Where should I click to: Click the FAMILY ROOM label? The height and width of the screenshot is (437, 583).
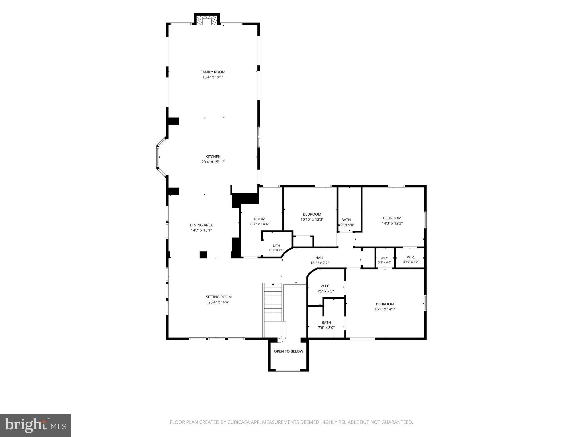point(213,72)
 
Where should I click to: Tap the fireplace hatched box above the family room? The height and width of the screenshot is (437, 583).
point(207,20)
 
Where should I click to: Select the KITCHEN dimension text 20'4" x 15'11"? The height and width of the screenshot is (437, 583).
point(213,162)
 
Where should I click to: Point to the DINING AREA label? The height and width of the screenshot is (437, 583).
point(201,225)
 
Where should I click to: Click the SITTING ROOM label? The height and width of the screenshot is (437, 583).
point(219,297)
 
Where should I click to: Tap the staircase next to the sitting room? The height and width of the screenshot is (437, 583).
point(273,302)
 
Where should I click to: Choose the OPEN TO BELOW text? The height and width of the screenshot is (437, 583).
point(288,351)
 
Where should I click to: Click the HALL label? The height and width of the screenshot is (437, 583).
point(319,258)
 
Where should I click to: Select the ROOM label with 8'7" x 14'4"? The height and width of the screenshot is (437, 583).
point(260,219)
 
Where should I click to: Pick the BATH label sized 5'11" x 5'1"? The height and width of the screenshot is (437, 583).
point(276,246)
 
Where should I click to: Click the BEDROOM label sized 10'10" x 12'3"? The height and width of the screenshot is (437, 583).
point(312,214)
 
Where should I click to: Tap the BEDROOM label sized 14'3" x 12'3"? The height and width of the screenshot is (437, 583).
point(392,218)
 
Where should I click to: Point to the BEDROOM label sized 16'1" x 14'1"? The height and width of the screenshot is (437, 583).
point(385,304)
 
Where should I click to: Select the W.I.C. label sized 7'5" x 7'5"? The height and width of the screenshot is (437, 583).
point(325,286)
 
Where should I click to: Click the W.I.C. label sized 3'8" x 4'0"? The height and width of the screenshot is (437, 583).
point(385,258)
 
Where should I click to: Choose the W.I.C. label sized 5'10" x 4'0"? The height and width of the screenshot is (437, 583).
point(411,257)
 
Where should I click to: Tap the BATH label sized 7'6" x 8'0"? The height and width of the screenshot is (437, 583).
point(326,322)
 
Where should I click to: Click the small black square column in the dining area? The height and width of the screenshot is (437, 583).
point(203,255)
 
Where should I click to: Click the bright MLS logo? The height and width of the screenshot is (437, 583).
point(36,425)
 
